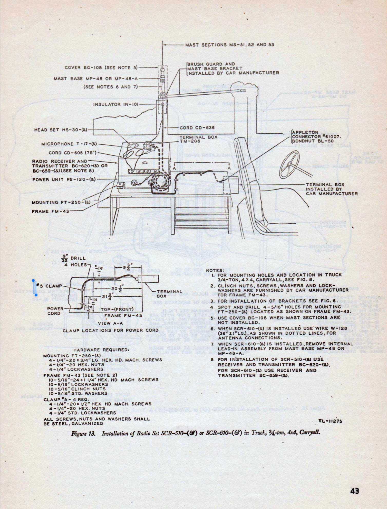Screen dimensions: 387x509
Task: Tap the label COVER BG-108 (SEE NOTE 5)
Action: point(101,68)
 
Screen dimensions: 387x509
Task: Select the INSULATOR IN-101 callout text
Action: point(116,104)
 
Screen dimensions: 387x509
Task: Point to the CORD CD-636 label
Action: point(197,128)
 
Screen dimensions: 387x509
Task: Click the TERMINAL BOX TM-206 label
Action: point(198,139)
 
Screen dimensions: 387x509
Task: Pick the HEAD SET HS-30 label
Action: point(61,130)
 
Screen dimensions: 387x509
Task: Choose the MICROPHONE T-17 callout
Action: point(69,144)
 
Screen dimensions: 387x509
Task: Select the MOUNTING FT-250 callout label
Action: point(61,202)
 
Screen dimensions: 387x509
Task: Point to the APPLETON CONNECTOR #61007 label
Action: point(316,136)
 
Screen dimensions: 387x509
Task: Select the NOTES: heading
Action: point(215,270)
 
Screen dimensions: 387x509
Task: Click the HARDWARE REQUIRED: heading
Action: point(101,350)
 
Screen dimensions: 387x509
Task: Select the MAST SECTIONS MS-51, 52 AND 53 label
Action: point(230,45)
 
